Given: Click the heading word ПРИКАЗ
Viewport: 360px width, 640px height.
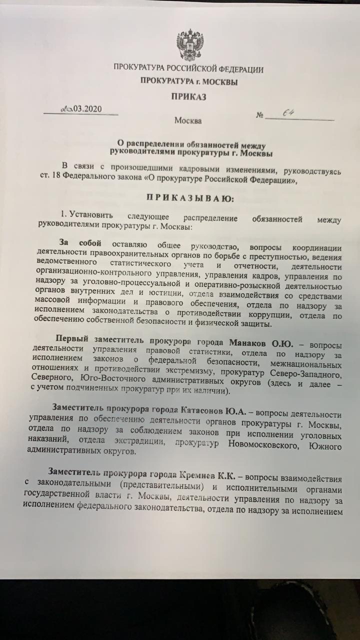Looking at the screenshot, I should point(188,97).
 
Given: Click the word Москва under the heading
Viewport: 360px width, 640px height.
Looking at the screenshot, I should point(188,120).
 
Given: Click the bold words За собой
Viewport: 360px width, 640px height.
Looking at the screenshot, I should point(80,243).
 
